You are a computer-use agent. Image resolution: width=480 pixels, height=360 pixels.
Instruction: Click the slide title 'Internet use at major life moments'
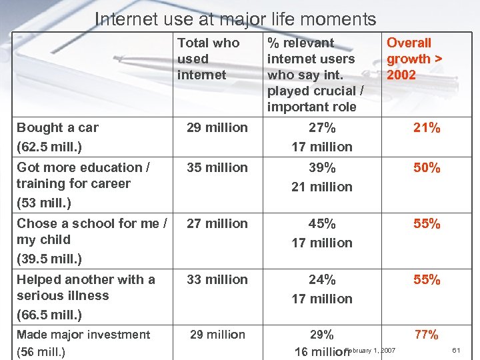235,19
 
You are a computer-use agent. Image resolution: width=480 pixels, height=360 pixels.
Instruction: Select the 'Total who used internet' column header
208,59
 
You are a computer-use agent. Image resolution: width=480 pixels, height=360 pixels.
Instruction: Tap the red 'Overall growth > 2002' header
414,59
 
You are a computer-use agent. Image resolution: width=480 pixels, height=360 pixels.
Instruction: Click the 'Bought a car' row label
57,127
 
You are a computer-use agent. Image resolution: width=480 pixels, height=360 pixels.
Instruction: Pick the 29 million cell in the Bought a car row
217,127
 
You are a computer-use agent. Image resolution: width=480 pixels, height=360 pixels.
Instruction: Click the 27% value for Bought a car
322,127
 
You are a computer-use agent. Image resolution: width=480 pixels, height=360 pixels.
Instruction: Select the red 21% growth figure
427,127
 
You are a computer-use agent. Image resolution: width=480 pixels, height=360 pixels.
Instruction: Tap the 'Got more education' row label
83,167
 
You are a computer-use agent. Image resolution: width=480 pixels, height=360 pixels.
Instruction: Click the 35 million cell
217,167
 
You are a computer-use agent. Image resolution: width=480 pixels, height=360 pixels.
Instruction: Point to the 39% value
322,167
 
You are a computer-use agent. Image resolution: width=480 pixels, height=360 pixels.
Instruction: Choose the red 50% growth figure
427,167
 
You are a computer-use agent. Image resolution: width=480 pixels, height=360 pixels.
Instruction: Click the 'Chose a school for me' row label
92,223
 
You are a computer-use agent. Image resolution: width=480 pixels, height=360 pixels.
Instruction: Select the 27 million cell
217,223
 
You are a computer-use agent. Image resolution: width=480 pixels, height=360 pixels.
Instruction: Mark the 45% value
322,223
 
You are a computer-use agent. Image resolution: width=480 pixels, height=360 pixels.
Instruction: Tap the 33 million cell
217,279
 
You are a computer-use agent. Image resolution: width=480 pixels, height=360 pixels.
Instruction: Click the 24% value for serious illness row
322,279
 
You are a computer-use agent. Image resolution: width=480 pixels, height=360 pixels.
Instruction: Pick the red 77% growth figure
427,335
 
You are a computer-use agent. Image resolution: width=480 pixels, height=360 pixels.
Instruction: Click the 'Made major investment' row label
83,335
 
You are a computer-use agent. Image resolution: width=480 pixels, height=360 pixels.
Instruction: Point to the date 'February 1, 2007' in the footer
371,350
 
